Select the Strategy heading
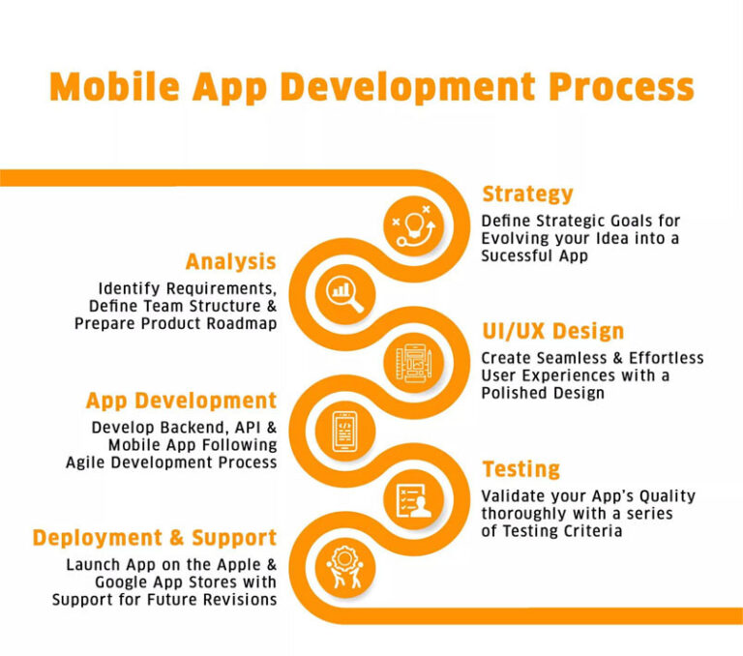tap(527, 194)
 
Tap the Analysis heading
tap(230, 261)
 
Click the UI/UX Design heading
tap(552, 331)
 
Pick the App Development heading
tap(181, 401)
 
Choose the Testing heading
tap(520, 469)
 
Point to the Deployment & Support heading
tap(155, 538)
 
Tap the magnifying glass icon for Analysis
tap(342, 292)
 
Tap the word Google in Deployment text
tap(124, 581)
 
